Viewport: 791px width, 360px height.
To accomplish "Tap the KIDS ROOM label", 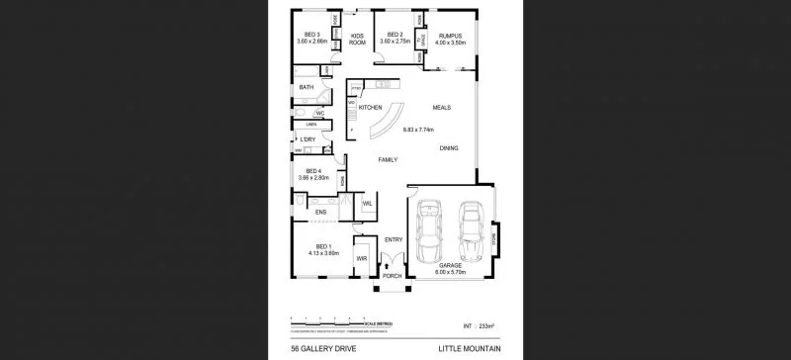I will [358, 40].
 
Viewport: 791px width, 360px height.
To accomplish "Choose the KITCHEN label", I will [371, 107].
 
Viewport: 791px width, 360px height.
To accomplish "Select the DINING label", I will [450, 148].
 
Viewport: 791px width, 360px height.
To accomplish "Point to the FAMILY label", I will [388, 159].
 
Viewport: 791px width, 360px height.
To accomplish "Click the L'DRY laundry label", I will [308, 139].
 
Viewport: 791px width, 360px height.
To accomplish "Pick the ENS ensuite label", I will [320, 212].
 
